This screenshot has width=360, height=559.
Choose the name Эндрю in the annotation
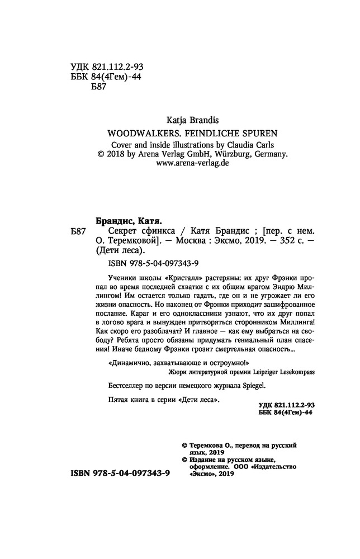coord(254,288)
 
